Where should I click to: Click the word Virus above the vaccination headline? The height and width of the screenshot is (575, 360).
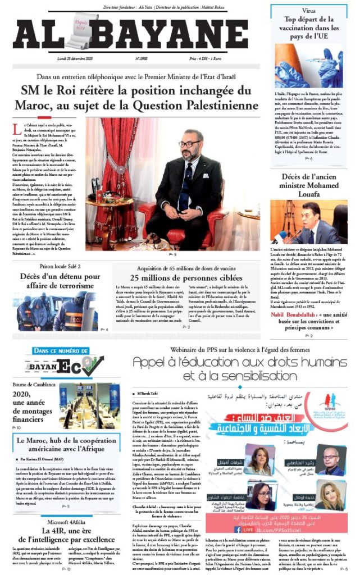tap(309, 10)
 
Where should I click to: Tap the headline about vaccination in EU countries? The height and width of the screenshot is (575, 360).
tap(309, 28)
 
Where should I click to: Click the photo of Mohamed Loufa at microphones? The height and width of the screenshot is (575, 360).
tap(309, 221)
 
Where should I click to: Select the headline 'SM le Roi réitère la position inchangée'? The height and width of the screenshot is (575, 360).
tap(140, 98)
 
